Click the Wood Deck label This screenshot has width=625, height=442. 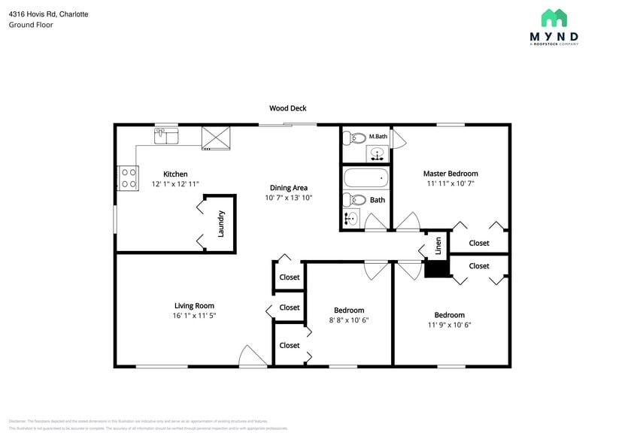point(288,108)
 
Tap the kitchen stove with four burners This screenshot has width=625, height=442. point(128,178)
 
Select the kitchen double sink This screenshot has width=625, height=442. point(166,135)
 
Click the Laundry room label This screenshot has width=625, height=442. point(221,224)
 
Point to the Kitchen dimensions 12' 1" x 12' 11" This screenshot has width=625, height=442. point(175,183)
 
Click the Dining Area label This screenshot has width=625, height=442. point(288,188)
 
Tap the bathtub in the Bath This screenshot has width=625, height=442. point(366,178)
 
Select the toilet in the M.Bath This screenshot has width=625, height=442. point(352,138)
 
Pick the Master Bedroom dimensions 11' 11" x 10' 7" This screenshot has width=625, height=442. point(451,183)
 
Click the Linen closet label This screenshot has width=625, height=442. point(438,246)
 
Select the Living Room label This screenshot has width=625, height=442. point(194,306)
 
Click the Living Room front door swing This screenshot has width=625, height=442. point(252,356)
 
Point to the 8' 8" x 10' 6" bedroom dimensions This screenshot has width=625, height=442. point(349,320)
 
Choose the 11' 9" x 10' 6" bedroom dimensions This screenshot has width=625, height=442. point(449,325)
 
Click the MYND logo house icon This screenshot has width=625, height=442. point(554,18)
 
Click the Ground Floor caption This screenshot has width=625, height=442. point(31,25)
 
